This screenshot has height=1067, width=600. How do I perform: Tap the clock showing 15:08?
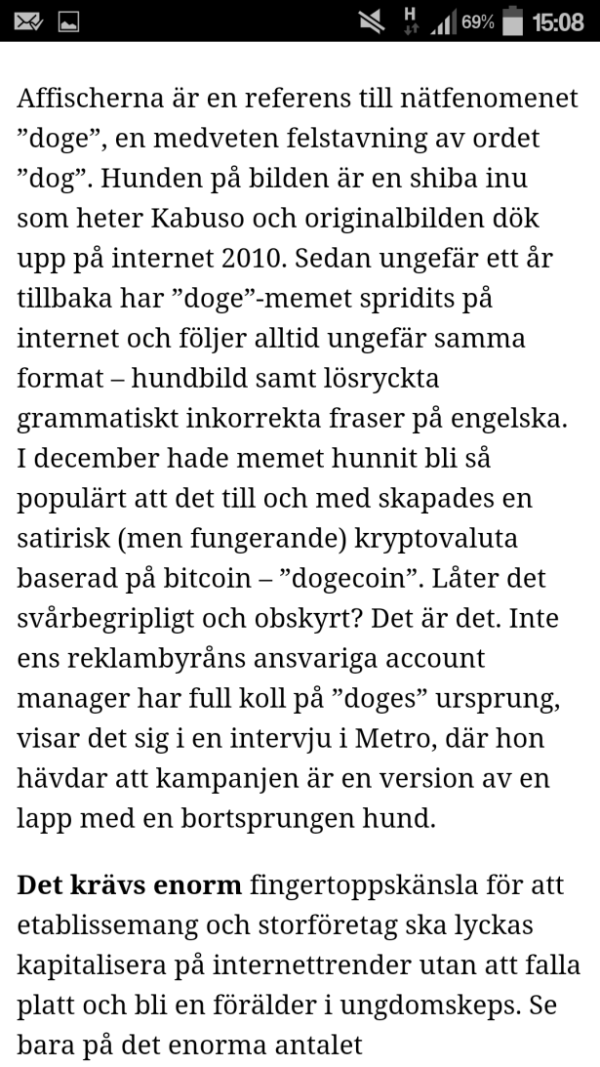pos(557,21)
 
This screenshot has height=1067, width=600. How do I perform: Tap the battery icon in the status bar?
pos(513,21)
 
